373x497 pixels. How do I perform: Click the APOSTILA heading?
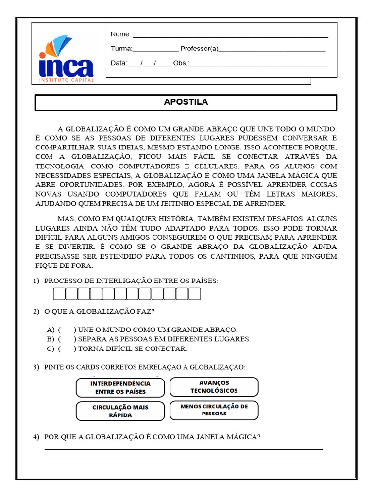186,102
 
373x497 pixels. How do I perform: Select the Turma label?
121,49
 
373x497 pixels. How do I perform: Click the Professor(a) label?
199,49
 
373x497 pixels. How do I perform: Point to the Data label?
119,63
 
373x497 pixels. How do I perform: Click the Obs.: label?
181,63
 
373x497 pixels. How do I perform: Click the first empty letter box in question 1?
59,294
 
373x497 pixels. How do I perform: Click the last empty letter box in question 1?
194,294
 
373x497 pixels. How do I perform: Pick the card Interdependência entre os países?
120,387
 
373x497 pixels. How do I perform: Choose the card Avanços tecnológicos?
214,387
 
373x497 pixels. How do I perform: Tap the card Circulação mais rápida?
120,411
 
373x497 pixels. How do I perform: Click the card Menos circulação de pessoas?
214,410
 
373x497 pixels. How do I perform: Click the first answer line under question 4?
184,449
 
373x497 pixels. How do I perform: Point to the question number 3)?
36,367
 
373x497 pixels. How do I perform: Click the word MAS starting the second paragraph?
66,219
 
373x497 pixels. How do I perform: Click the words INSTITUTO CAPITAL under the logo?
66,79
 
